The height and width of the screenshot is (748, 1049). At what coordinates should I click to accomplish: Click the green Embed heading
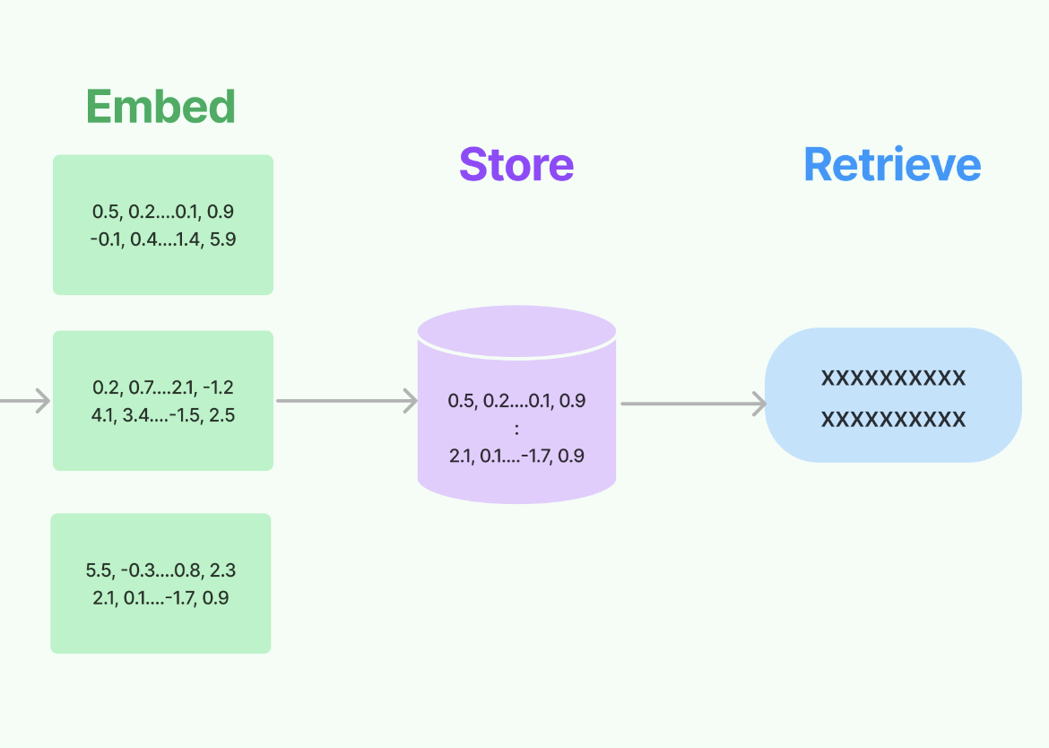pyautogui.click(x=161, y=107)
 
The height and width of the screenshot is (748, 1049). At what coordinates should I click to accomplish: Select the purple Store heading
pyautogui.click(x=516, y=165)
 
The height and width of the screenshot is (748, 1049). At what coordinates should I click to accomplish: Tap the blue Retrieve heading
pyautogui.click(x=892, y=165)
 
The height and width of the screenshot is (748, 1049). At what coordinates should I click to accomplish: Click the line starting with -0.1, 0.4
pyautogui.click(x=163, y=239)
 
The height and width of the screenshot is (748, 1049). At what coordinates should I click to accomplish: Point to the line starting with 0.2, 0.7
pyautogui.click(x=163, y=387)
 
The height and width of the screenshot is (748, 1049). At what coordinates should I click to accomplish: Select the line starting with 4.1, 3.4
pyautogui.click(x=163, y=415)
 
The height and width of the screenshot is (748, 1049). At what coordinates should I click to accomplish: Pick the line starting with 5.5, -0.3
pyautogui.click(x=161, y=570)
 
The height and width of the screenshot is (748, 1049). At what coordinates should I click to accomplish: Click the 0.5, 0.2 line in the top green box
pyautogui.click(x=163, y=212)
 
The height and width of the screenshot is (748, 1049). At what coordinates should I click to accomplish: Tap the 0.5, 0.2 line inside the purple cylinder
pyautogui.click(x=516, y=401)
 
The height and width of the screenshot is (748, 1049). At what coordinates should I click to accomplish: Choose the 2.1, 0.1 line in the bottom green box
pyautogui.click(x=161, y=597)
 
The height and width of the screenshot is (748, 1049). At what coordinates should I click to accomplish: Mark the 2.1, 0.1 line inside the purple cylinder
pyautogui.click(x=516, y=456)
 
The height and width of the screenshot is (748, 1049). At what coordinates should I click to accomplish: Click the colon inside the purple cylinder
pyautogui.click(x=517, y=429)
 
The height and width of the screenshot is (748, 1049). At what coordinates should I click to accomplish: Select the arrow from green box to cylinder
pyautogui.click(x=346, y=401)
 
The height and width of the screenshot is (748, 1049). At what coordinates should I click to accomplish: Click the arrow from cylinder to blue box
pyautogui.click(x=693, y=404)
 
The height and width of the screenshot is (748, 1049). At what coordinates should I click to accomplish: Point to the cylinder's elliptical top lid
pyautogui.click(x=516, y=331)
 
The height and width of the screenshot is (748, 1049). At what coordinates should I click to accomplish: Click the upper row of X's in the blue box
pyautogui.click(x=893, y=378)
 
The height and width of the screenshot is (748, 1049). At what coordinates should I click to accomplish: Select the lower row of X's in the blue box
pyautogui.click(x=893, y=419)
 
